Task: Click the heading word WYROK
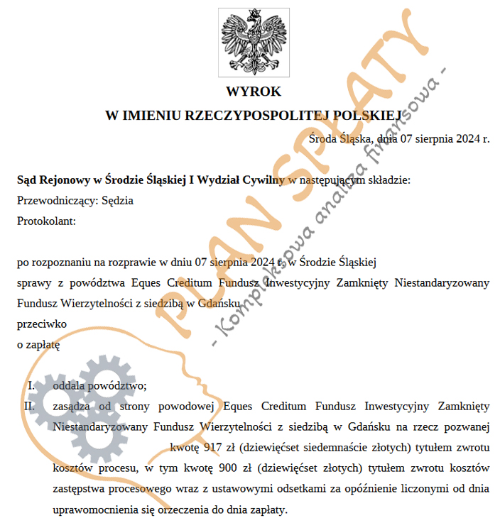click(254, 92)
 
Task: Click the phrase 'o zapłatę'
click(38, 345)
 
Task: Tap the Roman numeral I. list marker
click(31, 385)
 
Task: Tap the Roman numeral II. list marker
click(29, 407)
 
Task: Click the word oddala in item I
click(68, 385)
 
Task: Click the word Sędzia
click(118, 200)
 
